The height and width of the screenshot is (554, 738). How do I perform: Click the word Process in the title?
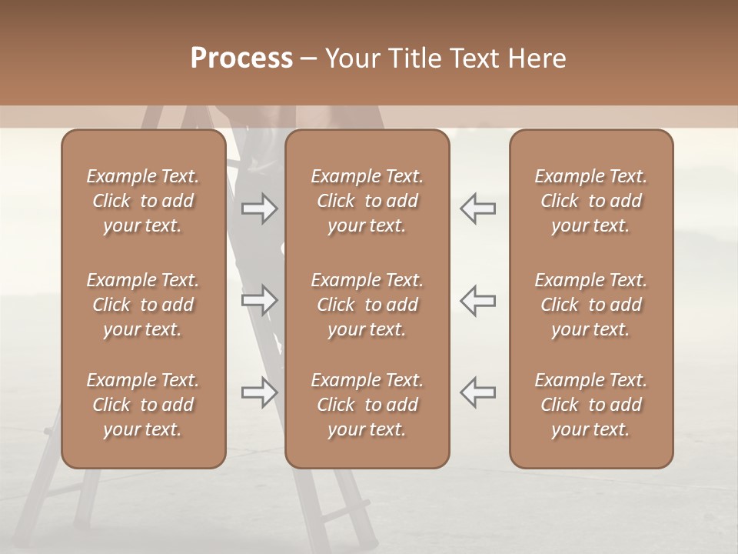[x=241, y=58]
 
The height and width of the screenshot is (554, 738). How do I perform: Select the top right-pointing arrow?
[x=259, y=208]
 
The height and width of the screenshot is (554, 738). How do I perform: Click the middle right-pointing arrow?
[x=259, y=299]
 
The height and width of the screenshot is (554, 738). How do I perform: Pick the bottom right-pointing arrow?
[x=259, y=392]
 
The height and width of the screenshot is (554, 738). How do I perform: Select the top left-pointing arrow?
[x=477, y=208]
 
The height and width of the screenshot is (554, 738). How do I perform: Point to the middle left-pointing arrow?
[x=477, y=299]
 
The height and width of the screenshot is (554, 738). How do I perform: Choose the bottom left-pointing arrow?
[x=477, y=392]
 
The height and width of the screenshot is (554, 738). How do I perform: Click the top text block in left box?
[x=143, y=201]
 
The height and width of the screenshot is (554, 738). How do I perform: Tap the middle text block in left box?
[x=143, y=305]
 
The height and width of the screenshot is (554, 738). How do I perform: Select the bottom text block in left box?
[x=143, y=405]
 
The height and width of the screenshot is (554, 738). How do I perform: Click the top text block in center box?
[x=367, y=201]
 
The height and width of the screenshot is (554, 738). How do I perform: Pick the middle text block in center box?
[x=367, y=305]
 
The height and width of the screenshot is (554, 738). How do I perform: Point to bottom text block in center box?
[x=367, y=405]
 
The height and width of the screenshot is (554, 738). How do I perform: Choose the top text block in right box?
[x=590, y=201]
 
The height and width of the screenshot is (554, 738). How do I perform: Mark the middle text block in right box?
[x=590, y=305]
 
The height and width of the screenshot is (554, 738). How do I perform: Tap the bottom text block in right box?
[x=590, y=405]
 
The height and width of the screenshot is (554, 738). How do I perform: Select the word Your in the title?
[x=353, y=58]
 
